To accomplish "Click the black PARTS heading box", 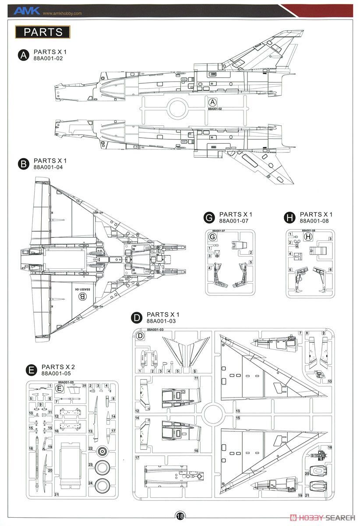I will (x=42, y=32).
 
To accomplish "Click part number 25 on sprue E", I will (x=84, y=385).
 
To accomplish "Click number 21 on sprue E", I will (x=56, y=494).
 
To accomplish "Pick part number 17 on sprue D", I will (x=137, y=458).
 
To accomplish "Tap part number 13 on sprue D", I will (x=238, y=411).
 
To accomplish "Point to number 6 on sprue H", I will (x=330, y=270).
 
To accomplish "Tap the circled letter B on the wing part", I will (x=82, y=297).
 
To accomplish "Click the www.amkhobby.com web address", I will (x=62, y=13).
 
